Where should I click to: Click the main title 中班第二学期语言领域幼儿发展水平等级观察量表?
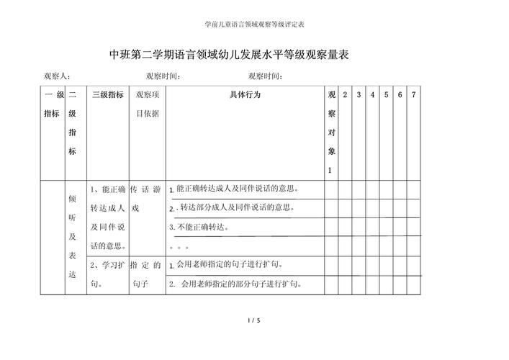click(x=228, y=54)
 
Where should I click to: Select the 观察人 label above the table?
click(x=55, y=76)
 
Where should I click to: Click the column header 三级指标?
click(x=107, y=95)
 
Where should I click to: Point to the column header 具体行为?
click(x=245, y=95)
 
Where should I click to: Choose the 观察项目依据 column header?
click(x=148, y=104)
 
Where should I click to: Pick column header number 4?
click(x=372, y=95)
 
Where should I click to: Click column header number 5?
click(x=386, y=95)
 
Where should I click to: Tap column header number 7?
click(x=413, y=95)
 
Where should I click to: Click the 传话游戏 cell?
click(x=148, y=199)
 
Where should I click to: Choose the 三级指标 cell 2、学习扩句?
click(x=107, y=274)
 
